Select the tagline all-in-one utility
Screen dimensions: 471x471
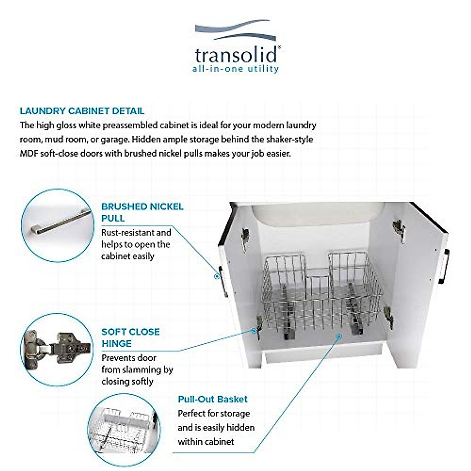tap(235, 69)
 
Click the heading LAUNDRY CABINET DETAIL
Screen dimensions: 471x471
tap(82, 111)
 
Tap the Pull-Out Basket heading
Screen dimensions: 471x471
tap(213, 399)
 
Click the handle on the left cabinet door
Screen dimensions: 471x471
tap(223, 281)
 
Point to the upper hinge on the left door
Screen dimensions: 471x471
tap(245, 238)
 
